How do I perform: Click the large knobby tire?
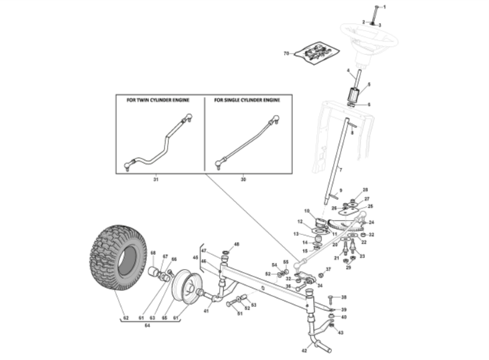coord(116,257)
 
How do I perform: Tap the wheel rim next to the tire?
coord(185,286)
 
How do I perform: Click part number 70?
coord(287,53)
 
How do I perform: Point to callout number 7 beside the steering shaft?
coord(340,169)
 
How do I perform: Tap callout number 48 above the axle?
coord(237,244)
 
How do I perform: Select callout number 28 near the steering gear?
coord(365,190)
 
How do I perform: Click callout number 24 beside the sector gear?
coord(372,222)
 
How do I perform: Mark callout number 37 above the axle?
coord(329,269)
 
